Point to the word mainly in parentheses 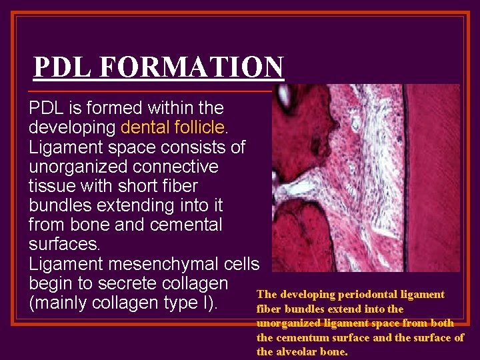coord(68,302)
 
